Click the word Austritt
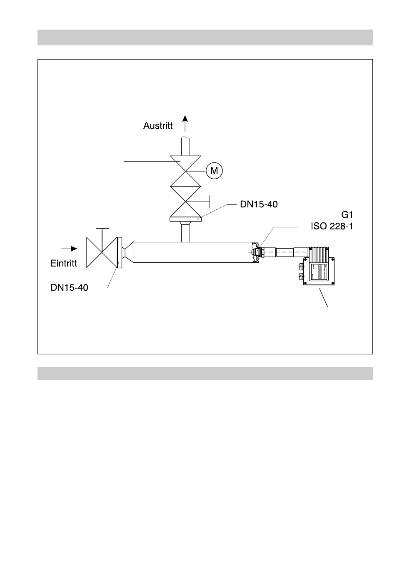[x=158, y=126]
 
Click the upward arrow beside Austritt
[x=185, y=124]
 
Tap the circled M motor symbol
[x=215, y=171]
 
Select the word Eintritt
[x=64, y=264]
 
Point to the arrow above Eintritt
[x=69, y=249]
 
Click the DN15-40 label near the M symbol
[x=259, y=204]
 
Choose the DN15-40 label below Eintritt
[x=70, y=287]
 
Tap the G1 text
[x=347, y=215]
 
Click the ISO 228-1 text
[x=332, y=227]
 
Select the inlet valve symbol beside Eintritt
[x=102, y=252]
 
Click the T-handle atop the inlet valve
[x=102, y=229]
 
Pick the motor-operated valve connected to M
[x=185, y=171]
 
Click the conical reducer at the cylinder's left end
[x=127, y=252]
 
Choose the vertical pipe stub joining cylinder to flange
[x=185, y=232]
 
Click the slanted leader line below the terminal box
[x=324, y=298]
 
